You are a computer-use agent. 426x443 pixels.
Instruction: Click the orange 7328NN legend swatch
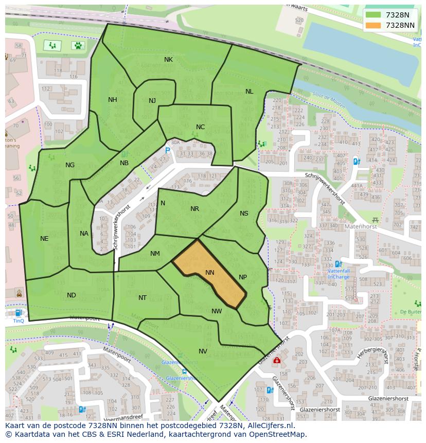tap(374, 25)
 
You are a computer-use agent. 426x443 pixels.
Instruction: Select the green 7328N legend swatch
tap(374, 15)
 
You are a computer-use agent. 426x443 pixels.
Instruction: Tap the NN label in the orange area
tap(209, 273)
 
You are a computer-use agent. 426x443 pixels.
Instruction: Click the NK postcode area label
tap(168, 60)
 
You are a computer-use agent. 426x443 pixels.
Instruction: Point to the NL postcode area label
tap(249, 92)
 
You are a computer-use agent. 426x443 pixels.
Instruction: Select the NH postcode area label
tap(112, 100)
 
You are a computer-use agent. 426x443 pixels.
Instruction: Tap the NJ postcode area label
tap(152, 101)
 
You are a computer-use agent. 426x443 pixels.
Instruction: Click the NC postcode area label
tap(200, 127)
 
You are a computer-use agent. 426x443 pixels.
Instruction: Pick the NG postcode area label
tap(70, 165)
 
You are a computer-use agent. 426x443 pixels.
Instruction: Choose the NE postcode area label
tap(44, 239)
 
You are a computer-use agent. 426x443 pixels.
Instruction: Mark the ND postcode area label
tap(71, 295)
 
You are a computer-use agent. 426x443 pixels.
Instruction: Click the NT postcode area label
tap(143, 298)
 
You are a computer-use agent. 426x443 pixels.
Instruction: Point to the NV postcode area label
tap(203, 351)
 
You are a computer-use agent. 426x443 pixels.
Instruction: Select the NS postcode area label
tap(244, 214)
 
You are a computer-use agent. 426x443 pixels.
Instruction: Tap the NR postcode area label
tap(194, 209)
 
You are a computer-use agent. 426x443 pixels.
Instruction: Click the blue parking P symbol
tap(167, 150)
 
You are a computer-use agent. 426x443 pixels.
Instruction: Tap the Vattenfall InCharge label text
tap(339, 273)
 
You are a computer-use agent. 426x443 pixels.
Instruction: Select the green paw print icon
tap(78, 45)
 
